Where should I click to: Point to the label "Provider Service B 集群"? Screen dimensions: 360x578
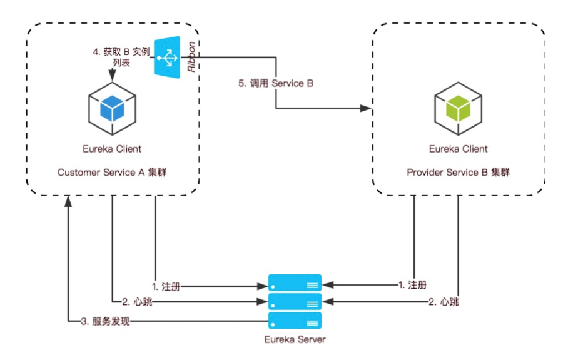458,172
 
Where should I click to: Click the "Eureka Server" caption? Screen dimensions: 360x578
295,339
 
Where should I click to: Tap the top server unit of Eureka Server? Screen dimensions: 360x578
295,284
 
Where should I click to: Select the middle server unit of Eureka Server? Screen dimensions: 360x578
295,302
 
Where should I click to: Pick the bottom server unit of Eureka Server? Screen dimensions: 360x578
295,321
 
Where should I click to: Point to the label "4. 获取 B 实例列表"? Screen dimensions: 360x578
122,57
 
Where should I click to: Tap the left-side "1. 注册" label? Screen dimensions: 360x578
166,285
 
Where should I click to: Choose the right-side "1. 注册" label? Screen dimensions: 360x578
413,285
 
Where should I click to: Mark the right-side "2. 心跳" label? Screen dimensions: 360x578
444,302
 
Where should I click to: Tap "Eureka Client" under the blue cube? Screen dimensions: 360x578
112,149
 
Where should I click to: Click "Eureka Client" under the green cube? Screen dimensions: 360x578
458,149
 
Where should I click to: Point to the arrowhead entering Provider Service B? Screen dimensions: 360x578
367,108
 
